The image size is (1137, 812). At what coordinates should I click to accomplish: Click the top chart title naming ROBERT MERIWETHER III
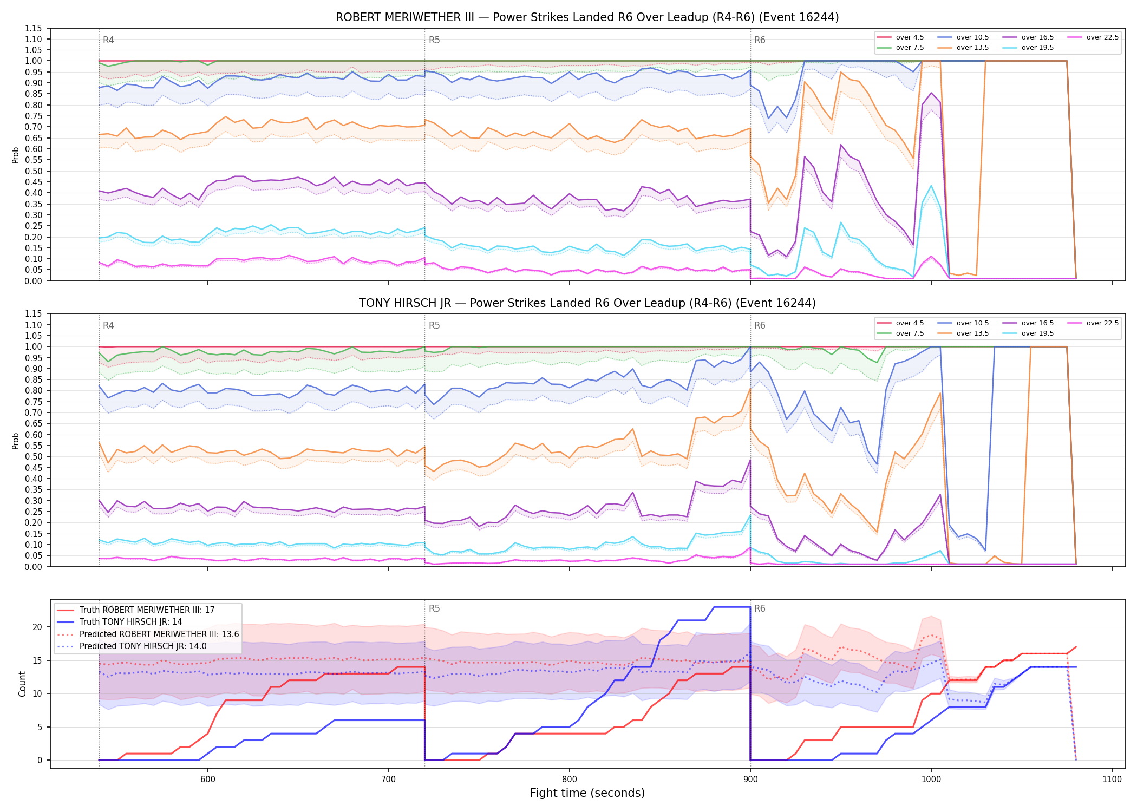coord(587,17)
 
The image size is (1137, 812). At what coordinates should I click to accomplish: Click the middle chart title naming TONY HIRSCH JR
coord(587,303)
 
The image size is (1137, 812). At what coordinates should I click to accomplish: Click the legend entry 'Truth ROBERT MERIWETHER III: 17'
coord(136,610)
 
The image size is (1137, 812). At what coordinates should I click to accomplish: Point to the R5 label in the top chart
coord(434,40)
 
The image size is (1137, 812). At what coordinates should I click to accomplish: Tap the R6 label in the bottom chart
coord(760,608)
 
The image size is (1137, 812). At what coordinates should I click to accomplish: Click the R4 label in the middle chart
coord(108,325)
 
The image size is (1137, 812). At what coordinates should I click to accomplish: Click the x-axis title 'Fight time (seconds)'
coord(587,793)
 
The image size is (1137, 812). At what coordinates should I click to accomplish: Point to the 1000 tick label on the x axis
coord(931,780)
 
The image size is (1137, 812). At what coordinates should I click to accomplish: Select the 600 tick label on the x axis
coord(208,780)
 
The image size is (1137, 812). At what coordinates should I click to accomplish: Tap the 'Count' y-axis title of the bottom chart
coord(22,684)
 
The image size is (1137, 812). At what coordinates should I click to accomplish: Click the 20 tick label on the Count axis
coord(37,627)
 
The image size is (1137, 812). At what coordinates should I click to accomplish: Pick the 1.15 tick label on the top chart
coord(33,29)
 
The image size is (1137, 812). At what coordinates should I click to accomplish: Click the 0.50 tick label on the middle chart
coord(33,457)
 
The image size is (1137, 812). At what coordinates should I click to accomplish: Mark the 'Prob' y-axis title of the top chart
coord(16,155)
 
